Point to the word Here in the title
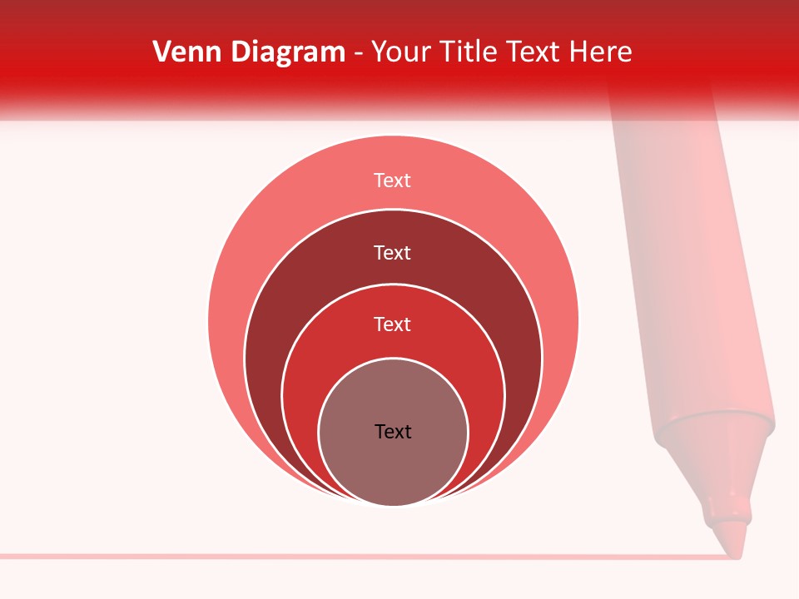[x=600, y=52]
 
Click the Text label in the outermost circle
[x=393, y=181]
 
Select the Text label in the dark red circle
[x=393, y=252]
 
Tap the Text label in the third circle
[x=393, y=324]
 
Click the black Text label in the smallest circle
[x=393, y=431]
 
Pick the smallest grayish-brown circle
[x=393, y=466]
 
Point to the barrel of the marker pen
[x=682, y=250]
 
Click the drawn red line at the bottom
[x=333, y=556]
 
